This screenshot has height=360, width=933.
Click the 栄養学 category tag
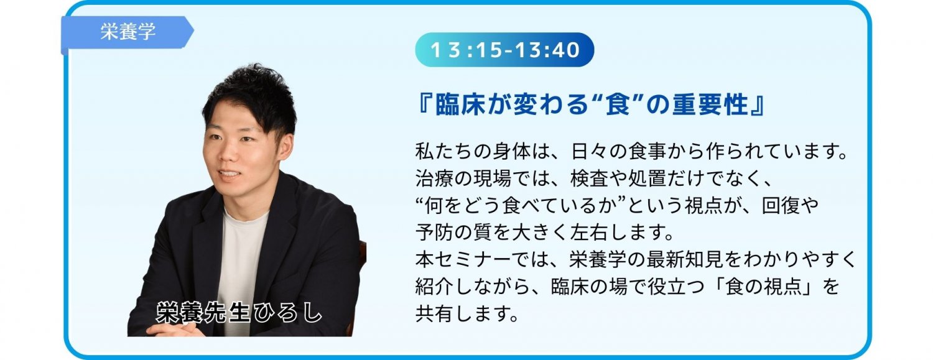tap(128, 32)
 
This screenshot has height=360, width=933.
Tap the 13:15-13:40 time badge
tap(504, 50)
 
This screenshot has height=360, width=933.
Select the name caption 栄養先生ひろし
tap(239, 312)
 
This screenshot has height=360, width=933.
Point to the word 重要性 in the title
tap(711, 104)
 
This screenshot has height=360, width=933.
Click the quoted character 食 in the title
tap(618, 104)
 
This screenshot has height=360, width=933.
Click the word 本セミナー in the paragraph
tap(463, 260)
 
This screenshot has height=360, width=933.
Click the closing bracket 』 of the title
tap(758, 104)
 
